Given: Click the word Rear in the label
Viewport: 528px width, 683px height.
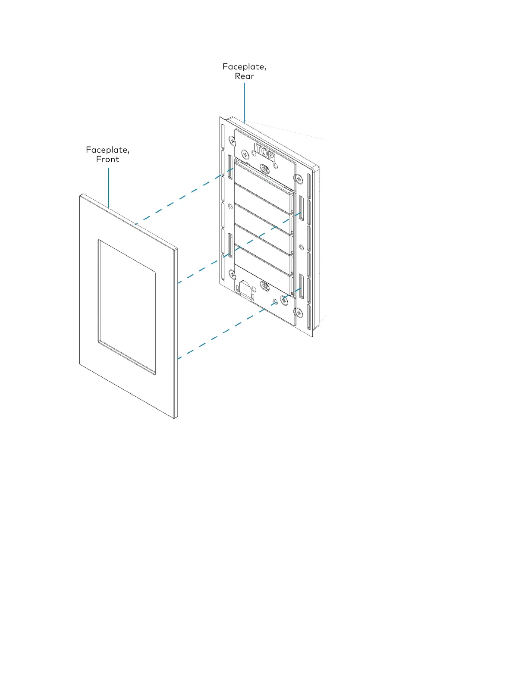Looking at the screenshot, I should tap(244, 76).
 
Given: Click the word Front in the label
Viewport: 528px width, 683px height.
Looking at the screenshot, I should tap(107, 160).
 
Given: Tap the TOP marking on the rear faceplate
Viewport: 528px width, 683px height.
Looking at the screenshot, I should tap(264, 153).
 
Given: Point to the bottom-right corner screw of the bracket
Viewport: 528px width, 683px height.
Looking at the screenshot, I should tap(298, 311).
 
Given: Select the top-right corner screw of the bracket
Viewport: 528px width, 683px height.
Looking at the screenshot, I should tap(298, 178).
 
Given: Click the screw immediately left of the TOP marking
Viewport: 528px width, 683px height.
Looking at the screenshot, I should tap(245, 153).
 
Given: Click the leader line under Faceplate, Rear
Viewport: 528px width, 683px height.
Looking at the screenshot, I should tap(244, 102).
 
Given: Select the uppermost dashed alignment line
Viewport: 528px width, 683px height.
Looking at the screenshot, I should tap(181, 199).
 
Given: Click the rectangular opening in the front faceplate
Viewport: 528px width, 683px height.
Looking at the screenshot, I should tap(127, 306).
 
